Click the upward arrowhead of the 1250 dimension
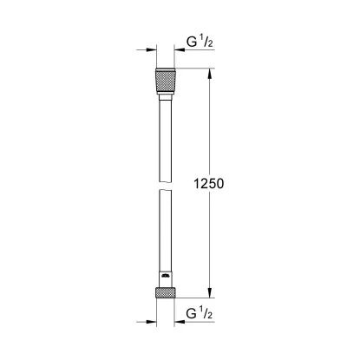coord(208,73)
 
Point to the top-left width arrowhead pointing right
coord(154,50)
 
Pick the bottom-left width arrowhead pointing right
coord(154,329)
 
